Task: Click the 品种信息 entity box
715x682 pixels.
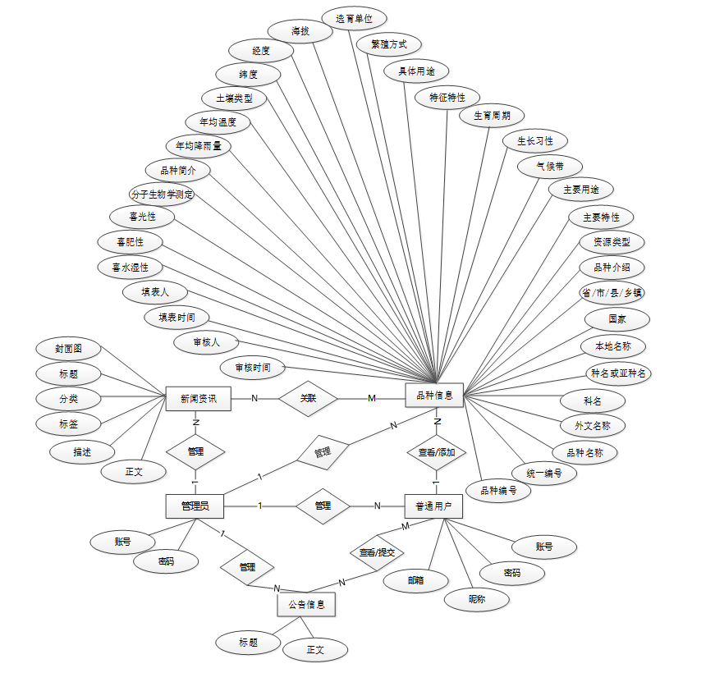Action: [434, 395]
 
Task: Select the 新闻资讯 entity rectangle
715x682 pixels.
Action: [198, 399]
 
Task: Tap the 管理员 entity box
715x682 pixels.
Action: [194, 506]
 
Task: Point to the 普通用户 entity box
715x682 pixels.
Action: [433, 506]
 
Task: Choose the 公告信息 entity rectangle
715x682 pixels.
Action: [306, 605]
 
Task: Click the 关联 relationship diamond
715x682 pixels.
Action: [309, 399]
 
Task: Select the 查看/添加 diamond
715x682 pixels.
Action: [437, 451]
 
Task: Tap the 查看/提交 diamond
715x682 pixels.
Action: [377, 552]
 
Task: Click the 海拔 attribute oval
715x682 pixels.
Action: [300, 31]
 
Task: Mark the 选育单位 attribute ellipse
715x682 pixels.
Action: [354, 17]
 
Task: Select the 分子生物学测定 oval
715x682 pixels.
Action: [162, 195]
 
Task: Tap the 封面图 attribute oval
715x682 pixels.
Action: [68, 348]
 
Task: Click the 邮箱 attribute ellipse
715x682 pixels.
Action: [416, 580]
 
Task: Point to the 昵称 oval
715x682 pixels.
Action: [477, 599]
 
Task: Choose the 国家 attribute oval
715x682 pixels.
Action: [617, 318]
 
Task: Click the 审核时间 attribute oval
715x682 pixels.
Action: [253, 367]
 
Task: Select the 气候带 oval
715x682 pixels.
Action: [550, 166]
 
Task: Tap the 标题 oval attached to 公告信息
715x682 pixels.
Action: [248, 643]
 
